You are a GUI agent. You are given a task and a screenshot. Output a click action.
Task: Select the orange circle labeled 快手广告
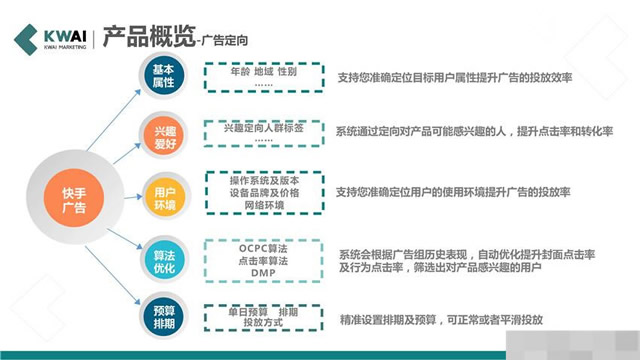(x=74, y=193)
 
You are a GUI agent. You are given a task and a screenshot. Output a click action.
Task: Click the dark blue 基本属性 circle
(x=163, y=76)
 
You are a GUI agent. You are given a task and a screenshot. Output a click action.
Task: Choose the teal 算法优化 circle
(x=163, y=250)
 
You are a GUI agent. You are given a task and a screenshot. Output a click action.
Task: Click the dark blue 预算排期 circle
(x=163, y=308)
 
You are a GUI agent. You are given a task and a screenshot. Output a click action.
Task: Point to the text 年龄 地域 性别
(x=264, y=72)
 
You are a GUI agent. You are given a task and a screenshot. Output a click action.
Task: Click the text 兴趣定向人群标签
(x=263, y=128)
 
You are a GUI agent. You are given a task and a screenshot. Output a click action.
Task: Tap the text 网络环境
(x=264, y=205)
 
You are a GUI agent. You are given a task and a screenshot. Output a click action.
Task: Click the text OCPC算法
(x=264, y=246)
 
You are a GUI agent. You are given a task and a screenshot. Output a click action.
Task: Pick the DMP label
(x=263, y=273)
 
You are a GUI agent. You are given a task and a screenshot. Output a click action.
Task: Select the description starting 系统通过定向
(x=474, y=132)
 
